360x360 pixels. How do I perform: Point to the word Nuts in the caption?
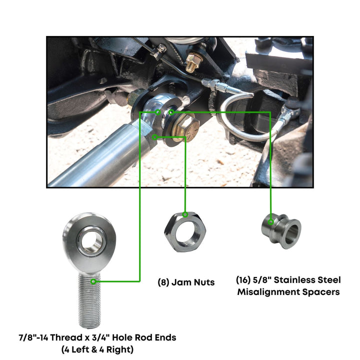click(203, 282)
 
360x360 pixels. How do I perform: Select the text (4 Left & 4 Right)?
click(97, 349)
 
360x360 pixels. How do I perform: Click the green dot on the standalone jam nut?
click(185, 214)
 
